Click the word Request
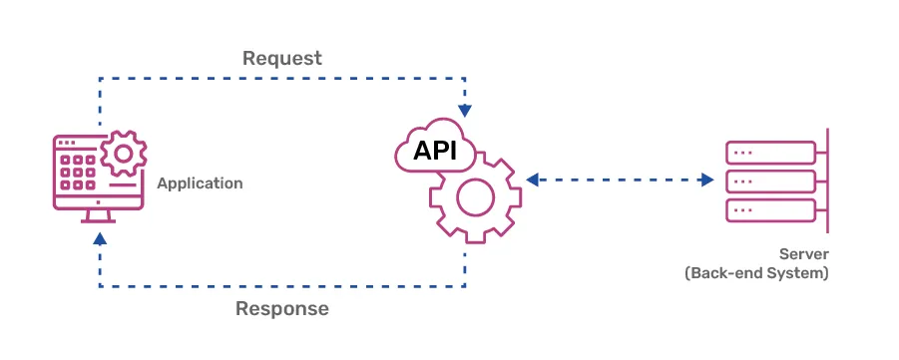tap(282, 59)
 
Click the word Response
tap(282, 308)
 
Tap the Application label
tap(200, 184)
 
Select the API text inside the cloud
tap(435, 151)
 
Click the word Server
tap(804, 254)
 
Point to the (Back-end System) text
tap(756, 273)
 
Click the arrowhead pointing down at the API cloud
tap(465, 111)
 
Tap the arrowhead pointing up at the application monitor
tap(100, 238)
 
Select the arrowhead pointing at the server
tap(707, 180)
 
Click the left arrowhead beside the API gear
tap(533, 180)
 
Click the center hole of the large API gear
tap(475, 197)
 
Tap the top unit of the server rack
tap(770, 153)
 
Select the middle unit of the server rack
tap(770, 181)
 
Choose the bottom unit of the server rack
tap(770, 210)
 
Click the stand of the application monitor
tap(99, 216)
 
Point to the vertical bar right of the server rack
tap(827, 180)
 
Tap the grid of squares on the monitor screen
tap(78, 172)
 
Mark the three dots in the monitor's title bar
tap(67, 143)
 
